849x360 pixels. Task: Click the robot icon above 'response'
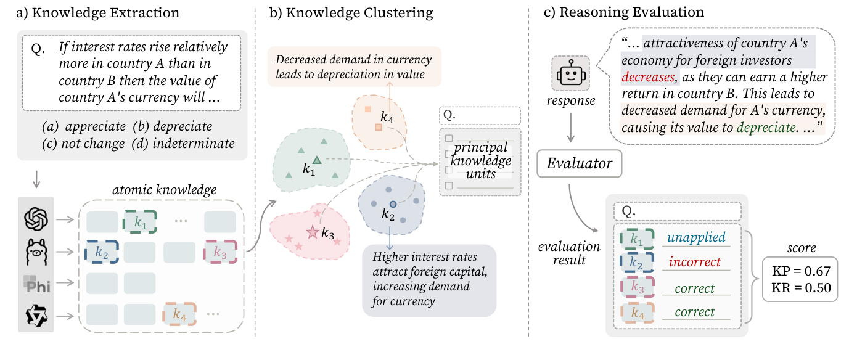pos(570,73)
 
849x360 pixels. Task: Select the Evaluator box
pos(579,163)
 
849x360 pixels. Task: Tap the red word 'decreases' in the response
pos(648,77)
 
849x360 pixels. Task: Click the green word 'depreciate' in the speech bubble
pos(766,128)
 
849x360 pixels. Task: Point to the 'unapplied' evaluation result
pos(696,237)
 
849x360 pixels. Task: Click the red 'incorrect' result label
pos(694,262)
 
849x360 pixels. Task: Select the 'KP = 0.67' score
pos(801,271)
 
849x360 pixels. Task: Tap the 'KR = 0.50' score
pos(801,288)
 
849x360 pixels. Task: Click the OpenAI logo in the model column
pos(36,219)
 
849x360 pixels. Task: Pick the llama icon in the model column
pos(36,252)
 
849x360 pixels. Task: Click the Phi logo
pos(36,284)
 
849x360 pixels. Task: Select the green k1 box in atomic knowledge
pos(140,222)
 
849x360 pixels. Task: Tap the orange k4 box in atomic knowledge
pos(179,314)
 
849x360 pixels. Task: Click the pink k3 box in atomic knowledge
pos(220,252)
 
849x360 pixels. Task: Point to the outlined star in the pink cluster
pos(313,232)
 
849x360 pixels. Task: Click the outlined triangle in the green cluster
pos(317,160)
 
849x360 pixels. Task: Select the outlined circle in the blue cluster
pos(393,204)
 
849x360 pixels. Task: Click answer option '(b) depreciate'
pos(173,126)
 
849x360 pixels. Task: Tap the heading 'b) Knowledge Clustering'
pos(351,12)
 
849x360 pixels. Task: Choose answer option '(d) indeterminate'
pos(183,144)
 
